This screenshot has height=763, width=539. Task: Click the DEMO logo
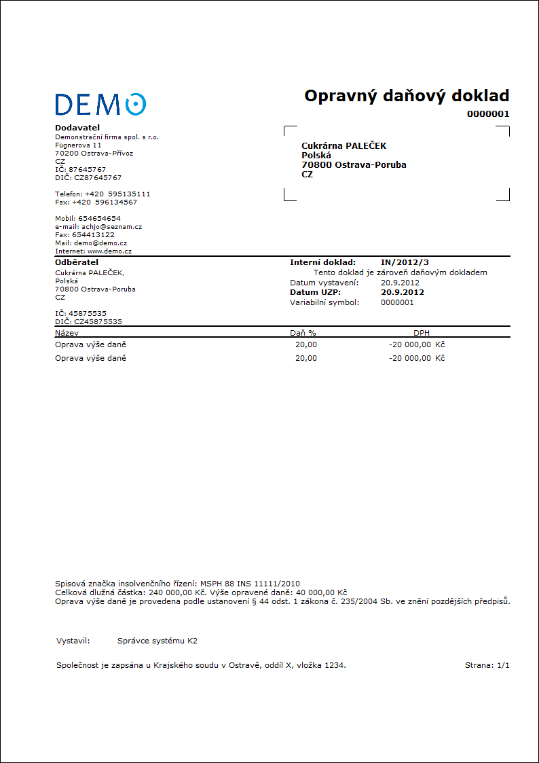100,104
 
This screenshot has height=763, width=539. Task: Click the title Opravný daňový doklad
406,96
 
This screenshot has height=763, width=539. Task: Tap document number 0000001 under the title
487,114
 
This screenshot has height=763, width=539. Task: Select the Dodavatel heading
77,128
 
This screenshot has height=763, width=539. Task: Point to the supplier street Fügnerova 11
78,145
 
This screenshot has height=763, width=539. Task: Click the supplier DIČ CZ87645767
88,177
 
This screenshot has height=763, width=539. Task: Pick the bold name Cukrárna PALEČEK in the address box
343,146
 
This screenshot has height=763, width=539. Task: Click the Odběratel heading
77,262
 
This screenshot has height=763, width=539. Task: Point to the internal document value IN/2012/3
405,262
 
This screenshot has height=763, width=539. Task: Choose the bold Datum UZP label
315,292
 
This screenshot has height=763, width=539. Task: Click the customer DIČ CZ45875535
88,321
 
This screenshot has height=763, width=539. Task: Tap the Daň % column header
303,333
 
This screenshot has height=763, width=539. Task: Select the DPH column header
422,333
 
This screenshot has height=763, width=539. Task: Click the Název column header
67,333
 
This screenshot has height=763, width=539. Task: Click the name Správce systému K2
157,641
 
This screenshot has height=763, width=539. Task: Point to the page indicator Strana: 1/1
487,665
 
